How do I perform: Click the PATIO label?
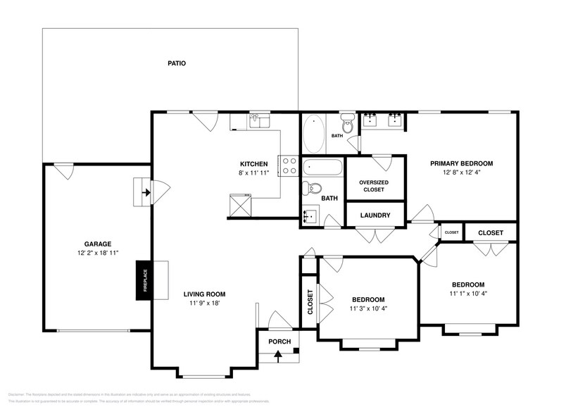177,63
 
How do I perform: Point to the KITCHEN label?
253,163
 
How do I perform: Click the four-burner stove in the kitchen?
289,165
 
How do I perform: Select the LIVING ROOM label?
204,294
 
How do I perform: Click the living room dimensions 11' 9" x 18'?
204,304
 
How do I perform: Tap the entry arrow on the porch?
278,355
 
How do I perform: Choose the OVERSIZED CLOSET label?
374,186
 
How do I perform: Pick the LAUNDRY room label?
375,215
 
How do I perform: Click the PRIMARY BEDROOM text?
462,163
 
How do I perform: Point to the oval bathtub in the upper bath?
314,134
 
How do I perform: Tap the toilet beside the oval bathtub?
347,123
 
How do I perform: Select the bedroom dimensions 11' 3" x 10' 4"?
368,308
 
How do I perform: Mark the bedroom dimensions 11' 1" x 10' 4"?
468,294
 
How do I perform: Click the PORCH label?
279,341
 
